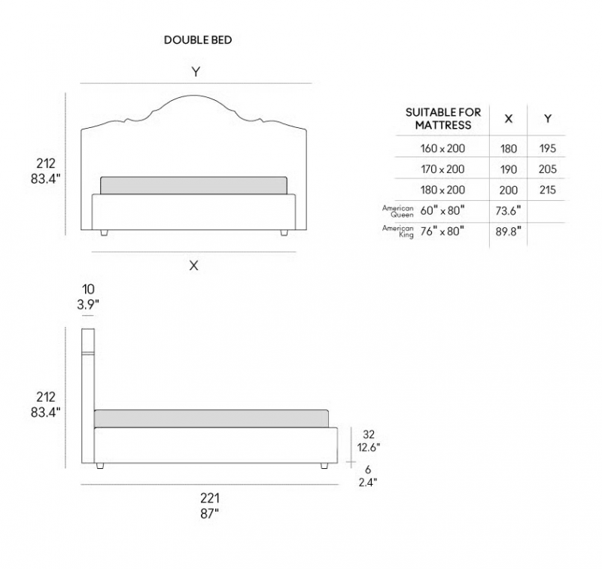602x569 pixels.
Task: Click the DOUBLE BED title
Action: tap(198, 40)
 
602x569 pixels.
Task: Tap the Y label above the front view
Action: tap(196, 72)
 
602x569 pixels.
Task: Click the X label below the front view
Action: tap(194, 265)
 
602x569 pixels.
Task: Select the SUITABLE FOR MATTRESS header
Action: tap(443, 119)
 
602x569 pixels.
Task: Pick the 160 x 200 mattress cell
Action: tap(442, 148)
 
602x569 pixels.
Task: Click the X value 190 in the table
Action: tap(509, 169)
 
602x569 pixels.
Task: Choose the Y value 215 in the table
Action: tap(548, 190)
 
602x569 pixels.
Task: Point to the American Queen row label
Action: tap(398, 211)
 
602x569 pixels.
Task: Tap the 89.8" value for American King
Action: tap(509, 231)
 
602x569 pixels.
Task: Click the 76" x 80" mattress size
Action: tap(442, 231)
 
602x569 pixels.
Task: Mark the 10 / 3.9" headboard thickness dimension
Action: tap(88, 297)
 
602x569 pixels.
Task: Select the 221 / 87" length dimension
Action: tap(210, 506)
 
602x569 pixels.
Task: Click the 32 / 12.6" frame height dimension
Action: tap(369, 441)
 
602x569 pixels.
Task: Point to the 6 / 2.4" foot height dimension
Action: tap(368, 476)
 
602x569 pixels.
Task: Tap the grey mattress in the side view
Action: tap(211, 418)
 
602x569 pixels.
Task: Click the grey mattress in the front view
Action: tap(193, 185)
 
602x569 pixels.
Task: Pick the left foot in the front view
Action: tap(104, 233)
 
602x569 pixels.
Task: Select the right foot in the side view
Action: tap(324, 466)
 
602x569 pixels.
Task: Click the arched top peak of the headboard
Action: tap(193, 96)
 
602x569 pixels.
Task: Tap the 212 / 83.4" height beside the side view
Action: tap(45, 404)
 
